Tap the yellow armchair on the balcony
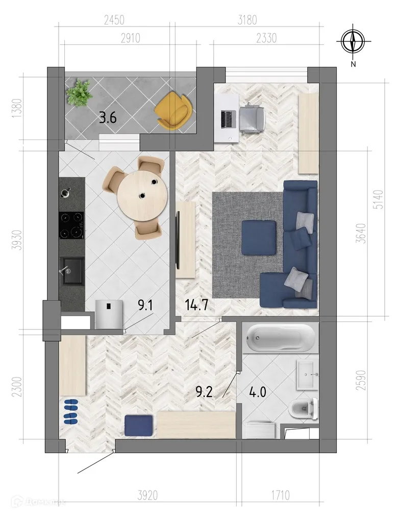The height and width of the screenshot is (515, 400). [x=174, y=110]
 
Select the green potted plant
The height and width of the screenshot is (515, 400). [x=79, y=93]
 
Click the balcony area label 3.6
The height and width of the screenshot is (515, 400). [x=108, y=119]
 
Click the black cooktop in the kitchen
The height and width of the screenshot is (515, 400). [x=71, y=225]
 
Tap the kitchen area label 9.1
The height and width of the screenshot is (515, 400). [x=146, y=306]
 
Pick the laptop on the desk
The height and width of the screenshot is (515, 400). [x=227, y=119]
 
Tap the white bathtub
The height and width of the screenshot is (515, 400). [x=279, y=338]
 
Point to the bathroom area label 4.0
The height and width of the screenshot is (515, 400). [x=257, y=393]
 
